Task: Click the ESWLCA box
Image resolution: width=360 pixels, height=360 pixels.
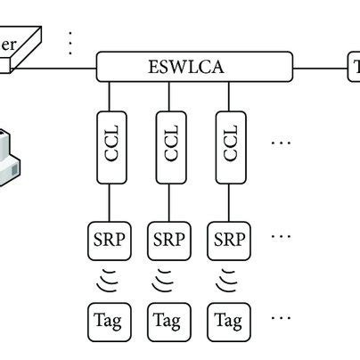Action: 194,65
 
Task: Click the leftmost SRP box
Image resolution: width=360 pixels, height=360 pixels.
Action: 108,238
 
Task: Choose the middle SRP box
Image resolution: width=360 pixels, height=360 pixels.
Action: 168,238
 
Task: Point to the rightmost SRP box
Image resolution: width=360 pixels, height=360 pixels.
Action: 229,238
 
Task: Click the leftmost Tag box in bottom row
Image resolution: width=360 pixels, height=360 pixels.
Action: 108,319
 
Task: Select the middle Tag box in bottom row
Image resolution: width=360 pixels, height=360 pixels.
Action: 168,319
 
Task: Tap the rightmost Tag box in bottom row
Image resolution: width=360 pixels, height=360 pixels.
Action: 229,319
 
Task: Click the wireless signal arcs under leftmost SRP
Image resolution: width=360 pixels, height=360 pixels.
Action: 108,279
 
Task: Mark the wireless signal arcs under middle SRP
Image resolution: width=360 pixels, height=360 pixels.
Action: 168,279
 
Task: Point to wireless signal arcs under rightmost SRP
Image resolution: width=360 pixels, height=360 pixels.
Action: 229,279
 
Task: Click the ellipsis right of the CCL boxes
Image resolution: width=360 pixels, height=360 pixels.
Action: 280,143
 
